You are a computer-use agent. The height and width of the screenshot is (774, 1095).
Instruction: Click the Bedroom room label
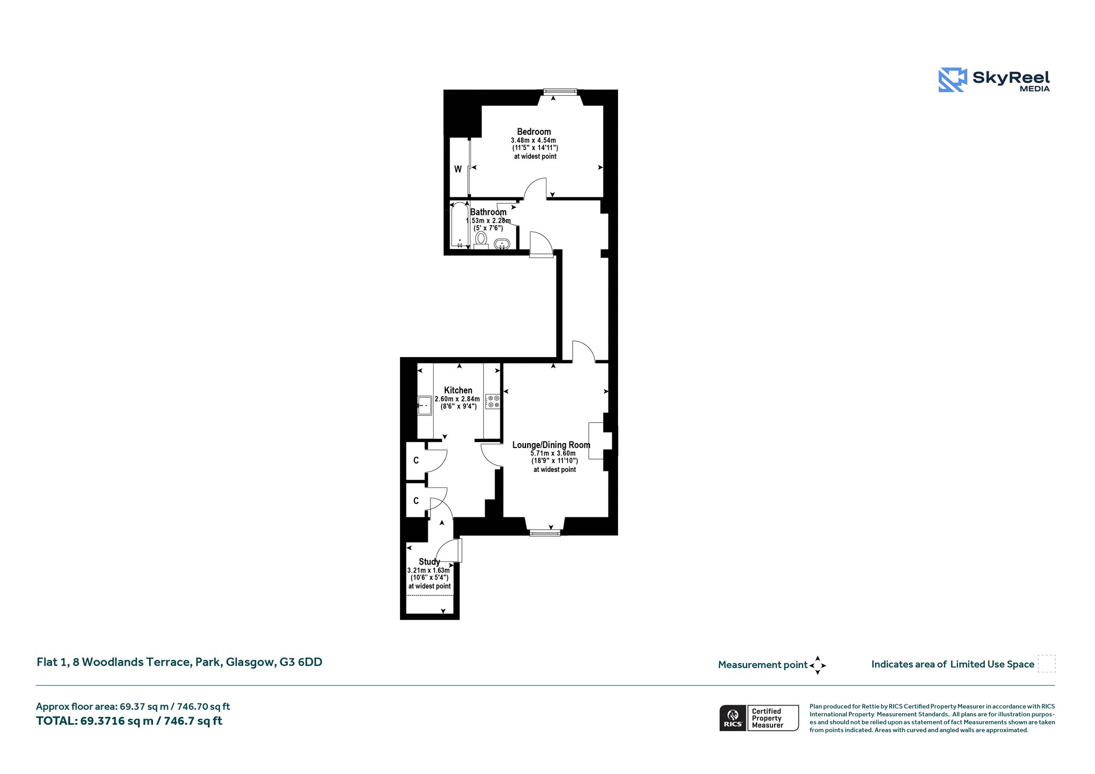[534, 131]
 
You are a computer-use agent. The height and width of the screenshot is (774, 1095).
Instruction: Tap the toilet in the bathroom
[481, 240]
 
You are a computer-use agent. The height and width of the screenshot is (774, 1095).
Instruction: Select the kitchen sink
[425, 406]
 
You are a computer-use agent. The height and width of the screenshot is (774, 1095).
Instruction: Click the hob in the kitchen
[493, 401]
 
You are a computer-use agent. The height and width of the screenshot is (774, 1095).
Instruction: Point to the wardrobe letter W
[458, 169]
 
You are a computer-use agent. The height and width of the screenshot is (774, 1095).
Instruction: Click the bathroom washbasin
[502, 244]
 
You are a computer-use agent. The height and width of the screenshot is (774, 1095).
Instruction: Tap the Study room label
[429, 562]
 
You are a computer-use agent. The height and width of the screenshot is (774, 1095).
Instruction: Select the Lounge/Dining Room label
[551, 445]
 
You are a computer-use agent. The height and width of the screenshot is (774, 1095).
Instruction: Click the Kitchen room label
[458, 390]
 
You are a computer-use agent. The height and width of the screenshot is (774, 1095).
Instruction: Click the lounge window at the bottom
[545, 532]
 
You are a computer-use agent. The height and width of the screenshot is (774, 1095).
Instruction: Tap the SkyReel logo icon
[952, 80]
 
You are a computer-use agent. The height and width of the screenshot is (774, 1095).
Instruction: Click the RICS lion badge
[733, 718]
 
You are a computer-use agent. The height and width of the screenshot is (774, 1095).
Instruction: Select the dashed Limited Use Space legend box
[1046, 663]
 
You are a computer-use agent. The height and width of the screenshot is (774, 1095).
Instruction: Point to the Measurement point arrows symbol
[818, 665]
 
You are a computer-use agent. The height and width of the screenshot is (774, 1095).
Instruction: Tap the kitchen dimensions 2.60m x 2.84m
[457, 399]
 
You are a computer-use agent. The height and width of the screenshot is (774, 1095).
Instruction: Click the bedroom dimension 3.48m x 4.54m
[533, 140]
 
